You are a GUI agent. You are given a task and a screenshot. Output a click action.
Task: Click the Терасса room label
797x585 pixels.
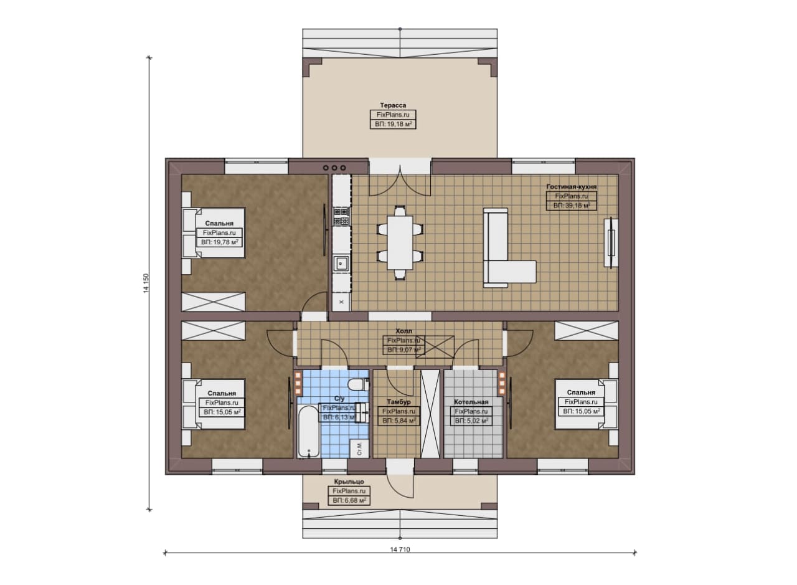(393, 105)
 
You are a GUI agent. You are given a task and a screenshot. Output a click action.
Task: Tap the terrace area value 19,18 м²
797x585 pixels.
(393, 124)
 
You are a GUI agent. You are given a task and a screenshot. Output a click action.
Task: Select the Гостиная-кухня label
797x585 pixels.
(572, 186)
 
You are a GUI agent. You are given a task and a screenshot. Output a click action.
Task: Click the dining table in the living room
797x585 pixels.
(400, 242)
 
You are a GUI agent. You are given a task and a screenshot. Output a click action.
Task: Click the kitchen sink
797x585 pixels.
(341, 264)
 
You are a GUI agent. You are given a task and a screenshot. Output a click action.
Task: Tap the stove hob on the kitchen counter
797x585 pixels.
(341, 216)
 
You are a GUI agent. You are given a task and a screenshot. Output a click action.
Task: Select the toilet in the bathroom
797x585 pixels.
(358, 384)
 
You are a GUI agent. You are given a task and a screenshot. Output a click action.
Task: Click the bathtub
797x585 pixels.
(308, 431)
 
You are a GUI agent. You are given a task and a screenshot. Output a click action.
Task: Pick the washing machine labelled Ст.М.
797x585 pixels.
(359, 449)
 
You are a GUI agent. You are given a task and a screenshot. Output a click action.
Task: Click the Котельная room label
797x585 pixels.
(471, 402)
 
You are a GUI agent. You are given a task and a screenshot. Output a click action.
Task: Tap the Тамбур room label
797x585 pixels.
(398, 402)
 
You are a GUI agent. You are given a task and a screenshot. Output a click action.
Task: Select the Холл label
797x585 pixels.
(404, 331)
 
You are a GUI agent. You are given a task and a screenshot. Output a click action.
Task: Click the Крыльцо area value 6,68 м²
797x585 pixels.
(349, 500)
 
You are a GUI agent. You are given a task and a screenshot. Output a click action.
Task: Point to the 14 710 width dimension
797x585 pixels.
(400, 549)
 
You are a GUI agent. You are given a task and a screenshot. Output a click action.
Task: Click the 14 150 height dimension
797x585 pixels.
(146, 283)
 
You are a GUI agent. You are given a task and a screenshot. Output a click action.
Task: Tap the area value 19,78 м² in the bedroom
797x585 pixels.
(219, 242)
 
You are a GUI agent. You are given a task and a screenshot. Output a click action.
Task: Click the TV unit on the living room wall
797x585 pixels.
(611, 242)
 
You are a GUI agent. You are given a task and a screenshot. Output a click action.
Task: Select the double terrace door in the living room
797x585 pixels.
(400, 181)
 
